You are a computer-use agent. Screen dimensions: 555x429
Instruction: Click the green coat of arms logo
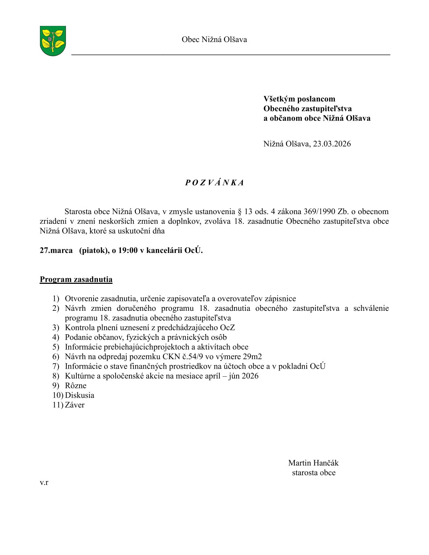click(53, 41)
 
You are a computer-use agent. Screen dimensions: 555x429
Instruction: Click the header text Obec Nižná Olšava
click(214, 40)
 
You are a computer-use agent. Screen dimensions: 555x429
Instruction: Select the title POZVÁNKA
click(214, 183)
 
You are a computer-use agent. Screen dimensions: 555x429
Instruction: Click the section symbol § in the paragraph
click(240, 212)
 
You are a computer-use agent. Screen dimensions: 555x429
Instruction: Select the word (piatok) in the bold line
click(93, 251)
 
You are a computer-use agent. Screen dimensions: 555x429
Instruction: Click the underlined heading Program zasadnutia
click(76, 280)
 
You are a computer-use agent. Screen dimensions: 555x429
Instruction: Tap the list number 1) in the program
click(56, 299)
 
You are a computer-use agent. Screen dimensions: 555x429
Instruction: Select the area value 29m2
click(252, 357)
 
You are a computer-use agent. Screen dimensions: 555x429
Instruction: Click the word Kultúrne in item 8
click(79, 376)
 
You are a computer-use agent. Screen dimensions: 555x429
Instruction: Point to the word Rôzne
click(76, 386)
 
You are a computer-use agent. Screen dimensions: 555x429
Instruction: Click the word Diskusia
click(80, 395)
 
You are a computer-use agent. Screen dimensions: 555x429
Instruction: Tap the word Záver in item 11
click(75, 405)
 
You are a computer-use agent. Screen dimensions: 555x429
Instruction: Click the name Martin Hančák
click(313, 463)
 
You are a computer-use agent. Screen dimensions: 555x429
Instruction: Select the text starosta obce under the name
click(314, 473)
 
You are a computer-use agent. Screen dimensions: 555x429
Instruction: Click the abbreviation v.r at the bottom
click(44, 483)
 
